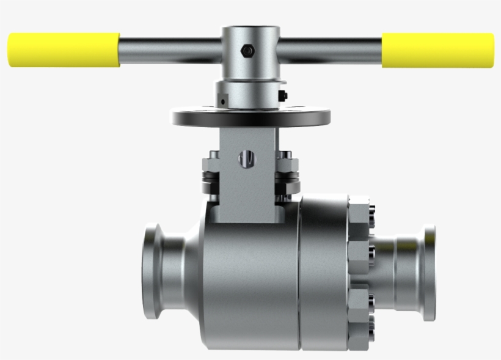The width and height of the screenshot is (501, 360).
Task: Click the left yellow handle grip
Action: pyautogui.click(x=64, y=50)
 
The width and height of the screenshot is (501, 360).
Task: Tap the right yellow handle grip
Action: pyautogui.click(x=437, y=50)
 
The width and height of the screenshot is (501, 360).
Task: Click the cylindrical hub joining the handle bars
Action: pyautogui.click(x=250, y=55)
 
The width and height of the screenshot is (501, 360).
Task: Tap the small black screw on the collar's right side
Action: pyautogui.click(x=283, y=95)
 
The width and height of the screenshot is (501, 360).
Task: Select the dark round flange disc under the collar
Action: pyautogui.click(x=250, y=116)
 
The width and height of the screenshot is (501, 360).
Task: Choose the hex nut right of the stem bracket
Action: pyautogui.click(x=287, y=164)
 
